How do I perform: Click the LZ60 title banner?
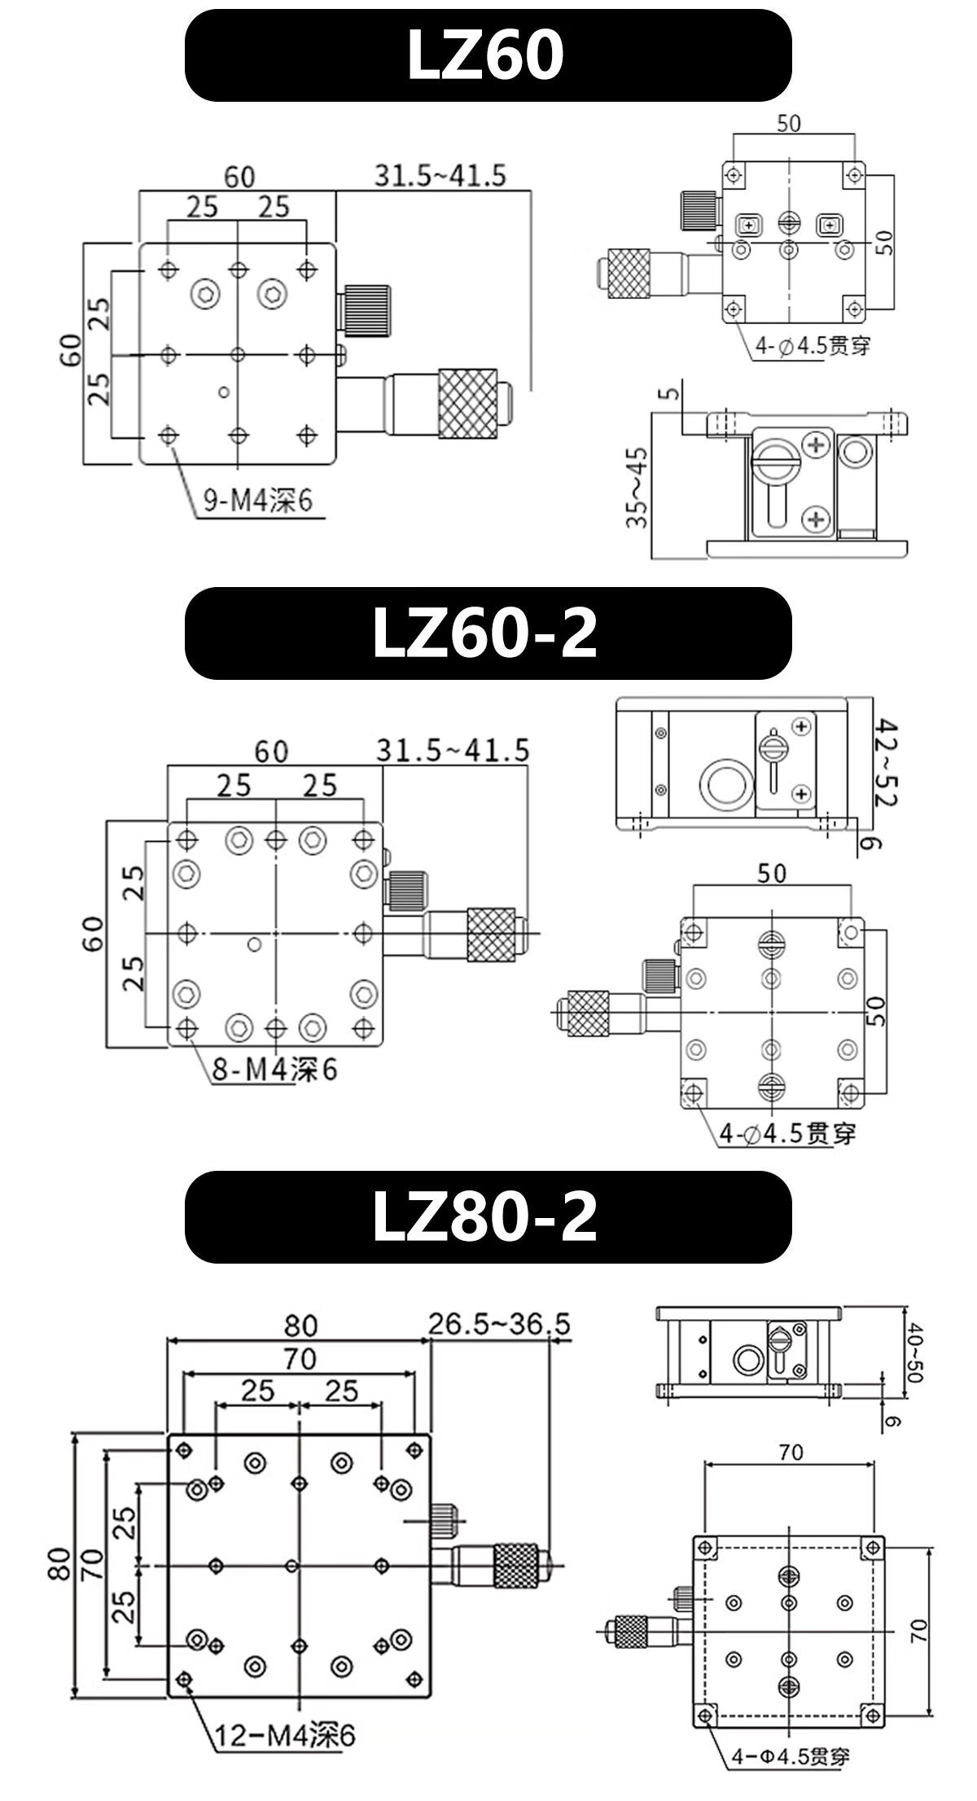click(x=488, y=55)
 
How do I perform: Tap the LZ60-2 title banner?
click(x=488, y=633)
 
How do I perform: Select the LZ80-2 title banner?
click(x=488, y=1217)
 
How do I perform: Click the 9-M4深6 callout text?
click(x=257, y=499)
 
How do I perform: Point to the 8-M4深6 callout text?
click(x=274, y=1069)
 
